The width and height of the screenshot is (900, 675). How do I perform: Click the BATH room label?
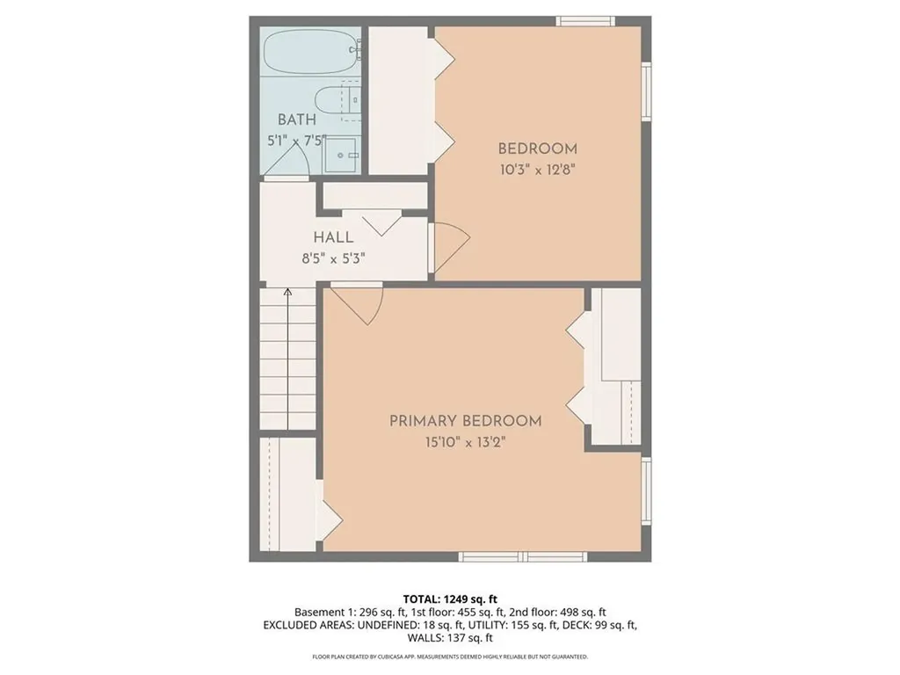tap(297, 120)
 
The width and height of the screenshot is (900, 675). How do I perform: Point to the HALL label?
tap(334, 237)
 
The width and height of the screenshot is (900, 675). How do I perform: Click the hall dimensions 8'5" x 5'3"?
tap(327, 258)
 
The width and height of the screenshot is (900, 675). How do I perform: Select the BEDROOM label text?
tap(538, 149)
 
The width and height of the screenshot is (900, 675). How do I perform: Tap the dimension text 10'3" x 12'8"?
tap(538, 171)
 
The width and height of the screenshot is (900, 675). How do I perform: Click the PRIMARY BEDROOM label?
tap(466, 421)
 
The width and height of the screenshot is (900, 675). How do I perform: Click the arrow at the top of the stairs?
tap(287, 294)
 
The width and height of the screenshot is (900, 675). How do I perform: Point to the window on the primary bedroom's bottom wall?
tap(523, 556)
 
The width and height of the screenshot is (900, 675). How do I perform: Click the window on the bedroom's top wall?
tap(584, 21)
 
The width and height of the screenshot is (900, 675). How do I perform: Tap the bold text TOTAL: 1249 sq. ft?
tap(449, 599)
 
